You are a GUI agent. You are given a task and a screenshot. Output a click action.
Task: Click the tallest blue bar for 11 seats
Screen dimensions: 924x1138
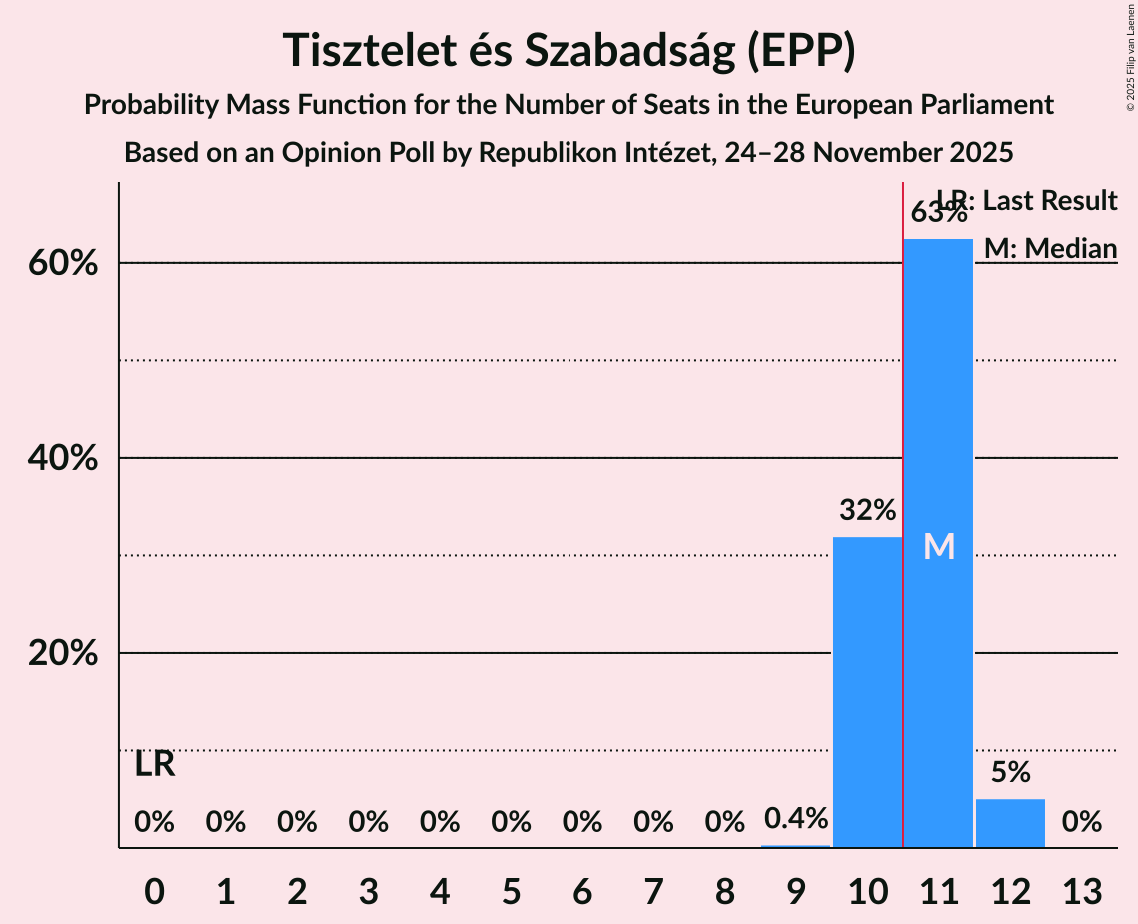click(938, 420)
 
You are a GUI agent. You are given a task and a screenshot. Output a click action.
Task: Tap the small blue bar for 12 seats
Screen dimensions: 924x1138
click(1010, 823)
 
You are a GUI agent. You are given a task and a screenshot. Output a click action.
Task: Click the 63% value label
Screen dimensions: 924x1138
click(938, 213)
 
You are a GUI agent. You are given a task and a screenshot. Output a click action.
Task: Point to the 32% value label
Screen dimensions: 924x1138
click(867, 511)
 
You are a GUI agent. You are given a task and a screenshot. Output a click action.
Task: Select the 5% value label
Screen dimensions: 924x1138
click(1010, 772)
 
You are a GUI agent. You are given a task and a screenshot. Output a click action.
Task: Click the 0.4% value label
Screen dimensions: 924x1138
click(796, 818)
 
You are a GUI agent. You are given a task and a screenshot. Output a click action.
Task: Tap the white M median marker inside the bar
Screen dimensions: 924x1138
click(939, 546)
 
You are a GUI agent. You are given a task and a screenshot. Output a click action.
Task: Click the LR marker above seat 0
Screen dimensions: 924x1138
click(155, 765)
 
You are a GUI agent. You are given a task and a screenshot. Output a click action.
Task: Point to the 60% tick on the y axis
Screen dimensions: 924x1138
click(68, 264)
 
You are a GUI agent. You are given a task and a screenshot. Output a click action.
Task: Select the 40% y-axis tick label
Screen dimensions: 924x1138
click(68, 459)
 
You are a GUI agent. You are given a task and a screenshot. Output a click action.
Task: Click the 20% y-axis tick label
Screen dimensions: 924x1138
click(68, 654)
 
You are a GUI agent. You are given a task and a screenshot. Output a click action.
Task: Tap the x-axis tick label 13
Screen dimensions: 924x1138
click(1081, 890)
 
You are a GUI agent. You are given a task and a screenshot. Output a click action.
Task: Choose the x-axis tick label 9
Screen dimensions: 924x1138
click(796, 890)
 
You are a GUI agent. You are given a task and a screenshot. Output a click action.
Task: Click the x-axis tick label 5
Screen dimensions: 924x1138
click(511, 890)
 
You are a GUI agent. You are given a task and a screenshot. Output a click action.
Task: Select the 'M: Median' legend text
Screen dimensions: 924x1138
click(1050, 248)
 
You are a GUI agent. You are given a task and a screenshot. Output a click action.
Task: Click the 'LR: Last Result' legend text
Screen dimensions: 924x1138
click(1027, 201)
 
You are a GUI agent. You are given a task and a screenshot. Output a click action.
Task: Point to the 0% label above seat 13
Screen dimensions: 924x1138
click(1081, 822)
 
